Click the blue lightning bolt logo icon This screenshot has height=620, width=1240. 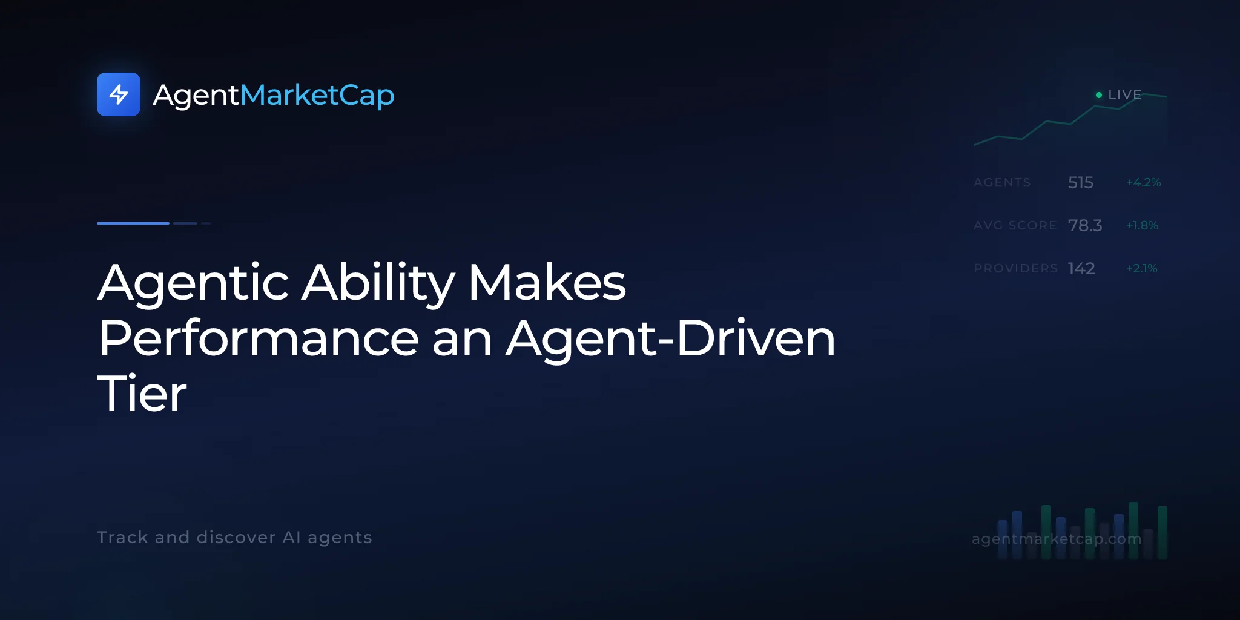click(119, 94)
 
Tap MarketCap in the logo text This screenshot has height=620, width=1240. click(317, 96)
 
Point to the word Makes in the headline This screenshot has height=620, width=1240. click(547, 283)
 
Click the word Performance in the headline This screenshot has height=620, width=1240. click(259, 338)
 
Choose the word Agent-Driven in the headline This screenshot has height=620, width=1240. click(671, 340)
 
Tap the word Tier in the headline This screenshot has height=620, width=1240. click(142, 394)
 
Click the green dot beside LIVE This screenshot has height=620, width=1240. click(1099, 95)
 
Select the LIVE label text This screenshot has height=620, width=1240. click(1125, 95)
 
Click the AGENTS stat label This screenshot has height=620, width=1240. click(1002, 182)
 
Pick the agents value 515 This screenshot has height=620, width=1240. click(1081, 182)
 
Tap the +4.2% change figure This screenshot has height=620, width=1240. click(1144, 182)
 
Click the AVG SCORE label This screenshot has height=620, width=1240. click(1015, 225)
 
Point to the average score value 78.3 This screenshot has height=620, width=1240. click(1085, 225)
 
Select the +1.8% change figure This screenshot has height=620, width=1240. click(1142, 225)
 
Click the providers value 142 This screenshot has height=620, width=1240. click(1081, 268)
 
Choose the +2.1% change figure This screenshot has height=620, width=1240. click(1142, 268)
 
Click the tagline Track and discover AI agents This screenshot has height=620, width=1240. click(234, 538)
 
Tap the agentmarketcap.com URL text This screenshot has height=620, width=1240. click(1057, 539)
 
